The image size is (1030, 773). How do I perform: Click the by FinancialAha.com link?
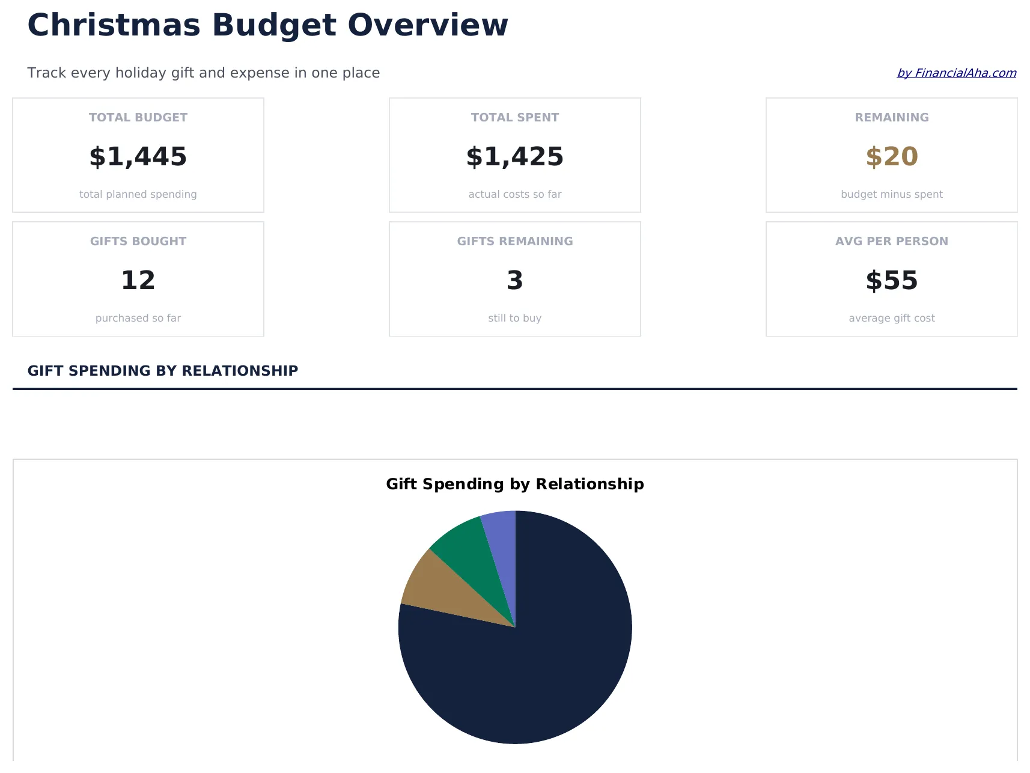coord(956,73)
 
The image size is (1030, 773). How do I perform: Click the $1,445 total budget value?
coord(138,157)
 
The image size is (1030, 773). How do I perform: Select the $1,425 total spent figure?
coord(515,157)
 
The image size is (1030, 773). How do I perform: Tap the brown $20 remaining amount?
coord(892,157)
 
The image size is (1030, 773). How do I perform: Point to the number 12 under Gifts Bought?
coord(138,281)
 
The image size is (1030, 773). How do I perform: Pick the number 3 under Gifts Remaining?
coord(515,281)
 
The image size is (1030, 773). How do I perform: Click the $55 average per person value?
coord(892,281)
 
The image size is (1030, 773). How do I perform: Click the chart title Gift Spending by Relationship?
coord(515,484)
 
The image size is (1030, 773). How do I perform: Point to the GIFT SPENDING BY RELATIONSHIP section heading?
coord(163,371)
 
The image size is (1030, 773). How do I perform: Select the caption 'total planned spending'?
coord(138,195)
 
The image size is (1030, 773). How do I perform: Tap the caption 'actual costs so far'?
coord(515,195)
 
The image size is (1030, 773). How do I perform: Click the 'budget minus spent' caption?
coord(892,195)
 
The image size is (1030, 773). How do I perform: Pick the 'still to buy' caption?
coord(515,319)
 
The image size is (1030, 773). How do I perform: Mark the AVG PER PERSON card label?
coord(892,242)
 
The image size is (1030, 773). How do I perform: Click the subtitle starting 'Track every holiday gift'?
coord(204,73)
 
